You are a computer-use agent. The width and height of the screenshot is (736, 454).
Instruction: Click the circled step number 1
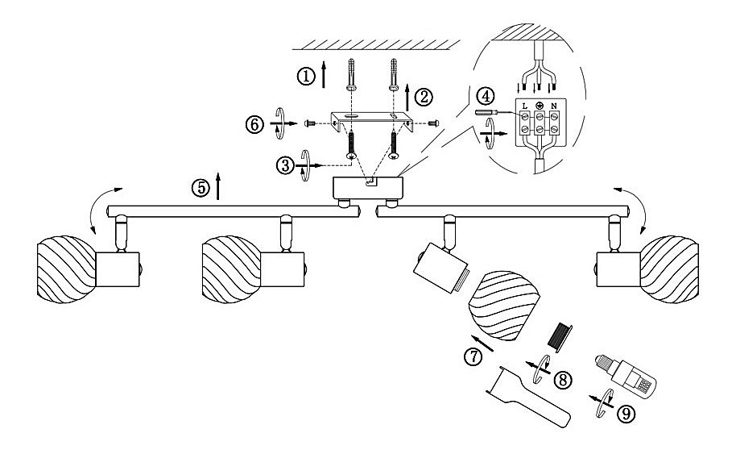[306, 76]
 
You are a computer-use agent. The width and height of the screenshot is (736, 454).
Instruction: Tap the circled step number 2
[424, 98]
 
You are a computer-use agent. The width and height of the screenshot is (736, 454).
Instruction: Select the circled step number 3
[285, 165]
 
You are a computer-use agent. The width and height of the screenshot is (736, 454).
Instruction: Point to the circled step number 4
[486, 96]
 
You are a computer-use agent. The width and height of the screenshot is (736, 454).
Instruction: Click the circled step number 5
[201, 188]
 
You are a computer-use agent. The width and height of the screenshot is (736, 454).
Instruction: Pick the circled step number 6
[254, 125]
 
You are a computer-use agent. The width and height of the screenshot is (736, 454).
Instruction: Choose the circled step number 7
[473, 356]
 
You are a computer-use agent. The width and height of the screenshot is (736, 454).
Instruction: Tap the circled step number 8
[563, 380]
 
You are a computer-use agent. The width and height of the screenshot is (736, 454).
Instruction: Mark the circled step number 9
[626, 414]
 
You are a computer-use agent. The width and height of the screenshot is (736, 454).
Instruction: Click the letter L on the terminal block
[525, 106]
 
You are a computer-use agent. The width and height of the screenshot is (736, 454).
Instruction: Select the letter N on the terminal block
[554, 106]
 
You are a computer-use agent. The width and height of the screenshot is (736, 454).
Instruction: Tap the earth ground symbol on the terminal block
[540, 106]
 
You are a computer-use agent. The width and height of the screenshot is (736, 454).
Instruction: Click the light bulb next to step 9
[626, 373]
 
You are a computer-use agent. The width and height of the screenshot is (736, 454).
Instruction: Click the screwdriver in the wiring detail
[498, 113]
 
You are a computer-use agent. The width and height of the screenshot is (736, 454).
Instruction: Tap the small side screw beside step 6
[310, 123]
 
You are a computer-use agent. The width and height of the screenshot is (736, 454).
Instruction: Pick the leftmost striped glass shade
[67, 269]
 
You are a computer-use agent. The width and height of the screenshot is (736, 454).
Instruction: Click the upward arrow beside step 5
[217, 186]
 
